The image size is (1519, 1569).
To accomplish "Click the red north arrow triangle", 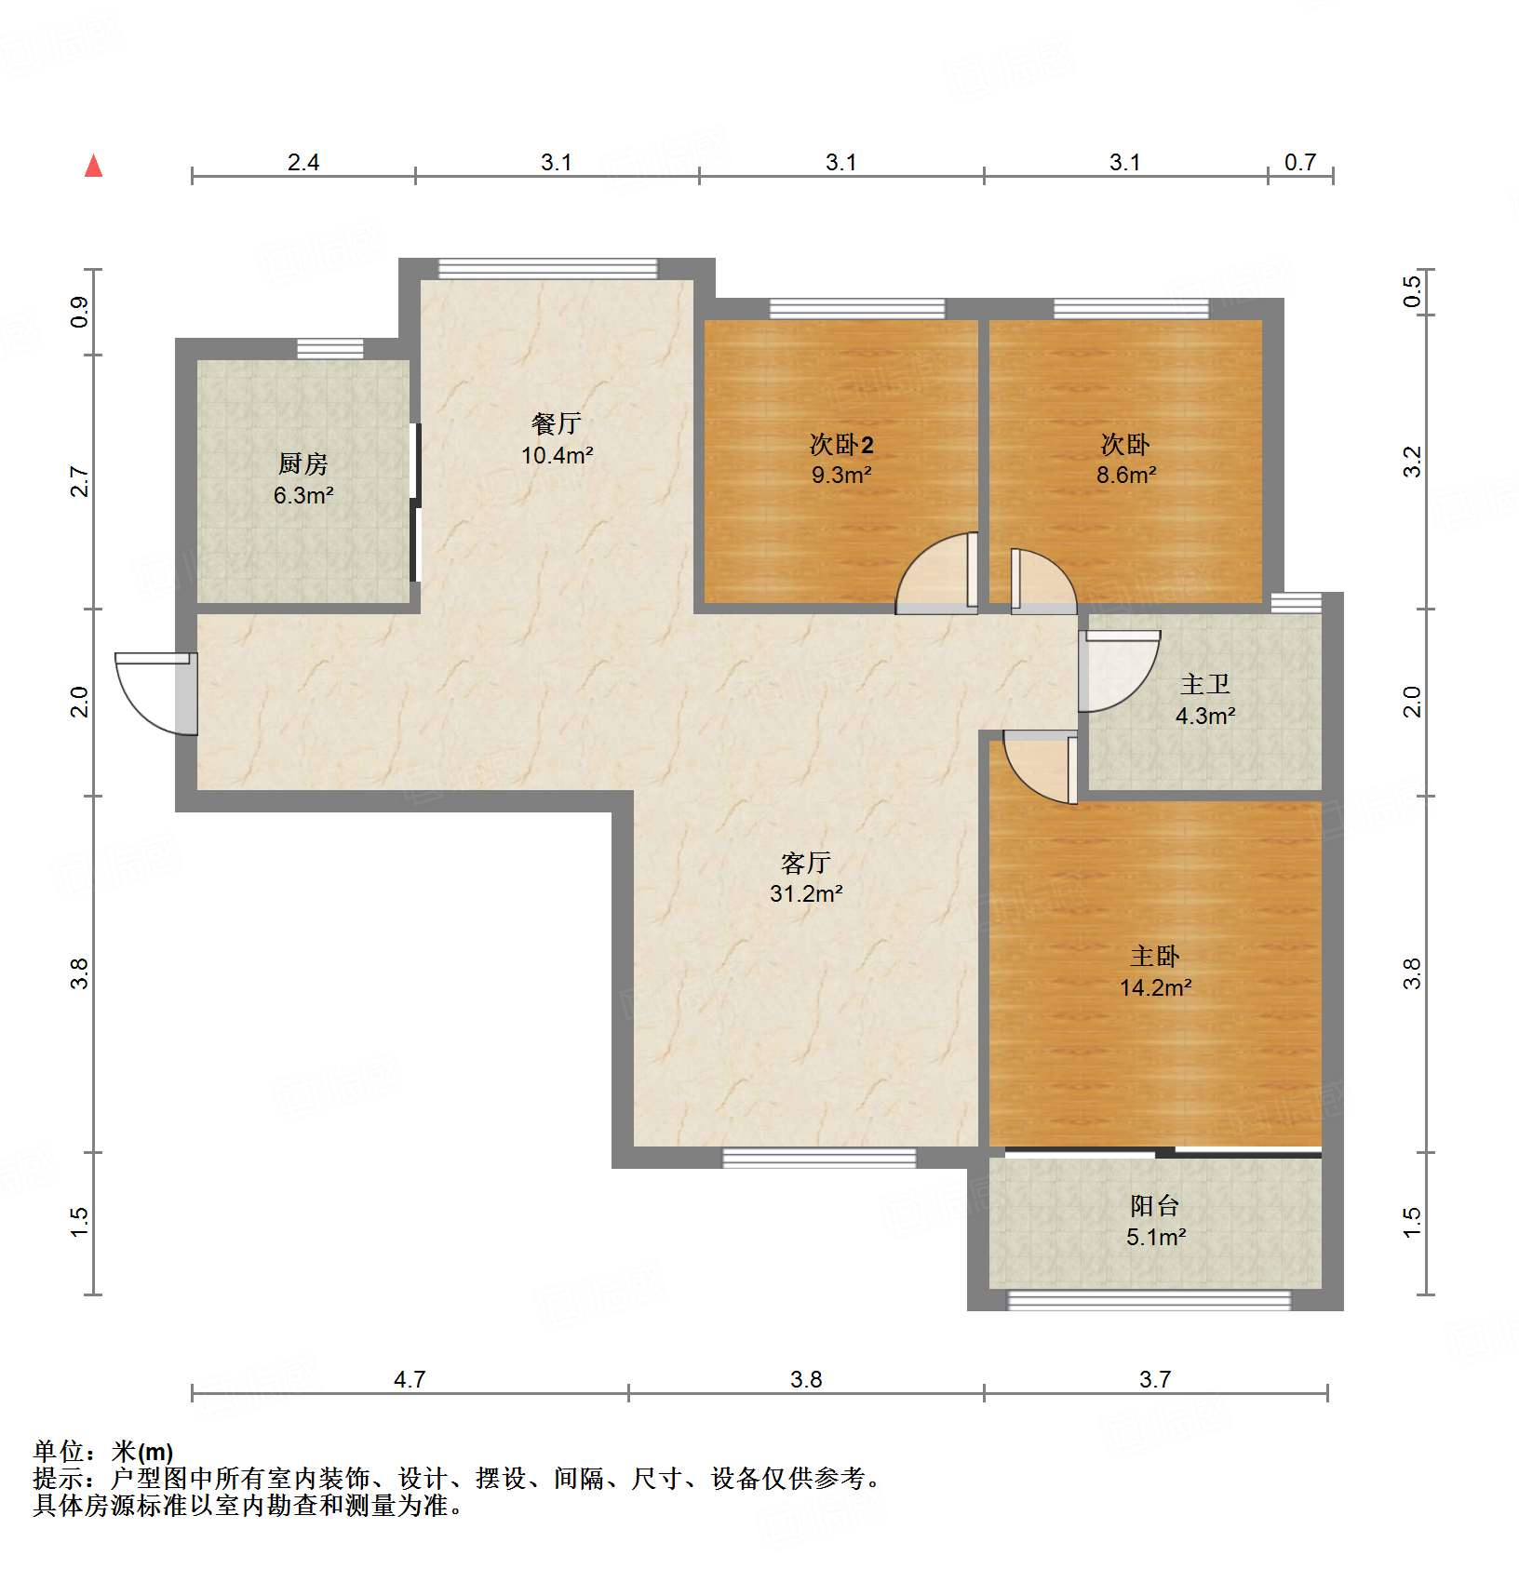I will coord(93,167).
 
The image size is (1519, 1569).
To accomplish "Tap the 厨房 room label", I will coord(302,463).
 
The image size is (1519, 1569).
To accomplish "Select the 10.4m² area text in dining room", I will coord(557,455).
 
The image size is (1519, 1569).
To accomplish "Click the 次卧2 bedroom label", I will coord(840,444).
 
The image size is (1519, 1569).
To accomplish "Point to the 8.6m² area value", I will coord(1125,475).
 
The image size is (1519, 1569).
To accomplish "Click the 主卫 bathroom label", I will coord(1205,684).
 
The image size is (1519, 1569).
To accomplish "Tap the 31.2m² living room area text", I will coord(805,893).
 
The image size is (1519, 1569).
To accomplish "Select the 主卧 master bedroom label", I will coord(1155,956).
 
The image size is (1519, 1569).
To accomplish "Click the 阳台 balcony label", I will coord(1155,1205).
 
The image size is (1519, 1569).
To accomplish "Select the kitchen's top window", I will coord(329,349).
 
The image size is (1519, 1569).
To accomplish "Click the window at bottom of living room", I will coord(819,1158).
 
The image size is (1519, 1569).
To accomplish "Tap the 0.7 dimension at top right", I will coord(1299,162).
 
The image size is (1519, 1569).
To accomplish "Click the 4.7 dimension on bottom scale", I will coord(409,1378).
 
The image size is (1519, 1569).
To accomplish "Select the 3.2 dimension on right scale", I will coord(1412,462).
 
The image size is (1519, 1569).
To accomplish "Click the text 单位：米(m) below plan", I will coord(103,1451).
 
